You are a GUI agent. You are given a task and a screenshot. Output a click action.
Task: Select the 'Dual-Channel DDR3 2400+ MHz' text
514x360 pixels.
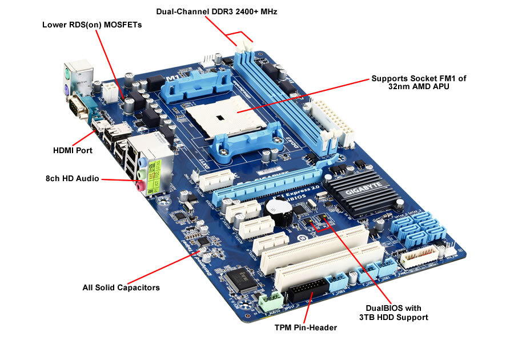(216, 11)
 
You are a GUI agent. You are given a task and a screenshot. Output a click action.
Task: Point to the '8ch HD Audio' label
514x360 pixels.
(73, 179)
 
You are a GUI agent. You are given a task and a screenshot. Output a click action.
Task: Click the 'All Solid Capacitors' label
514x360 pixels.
(121, 287)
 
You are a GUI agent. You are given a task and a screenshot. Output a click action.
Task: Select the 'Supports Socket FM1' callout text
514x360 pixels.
(419, 83)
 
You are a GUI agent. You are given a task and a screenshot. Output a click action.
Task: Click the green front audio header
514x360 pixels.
(270, 301)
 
